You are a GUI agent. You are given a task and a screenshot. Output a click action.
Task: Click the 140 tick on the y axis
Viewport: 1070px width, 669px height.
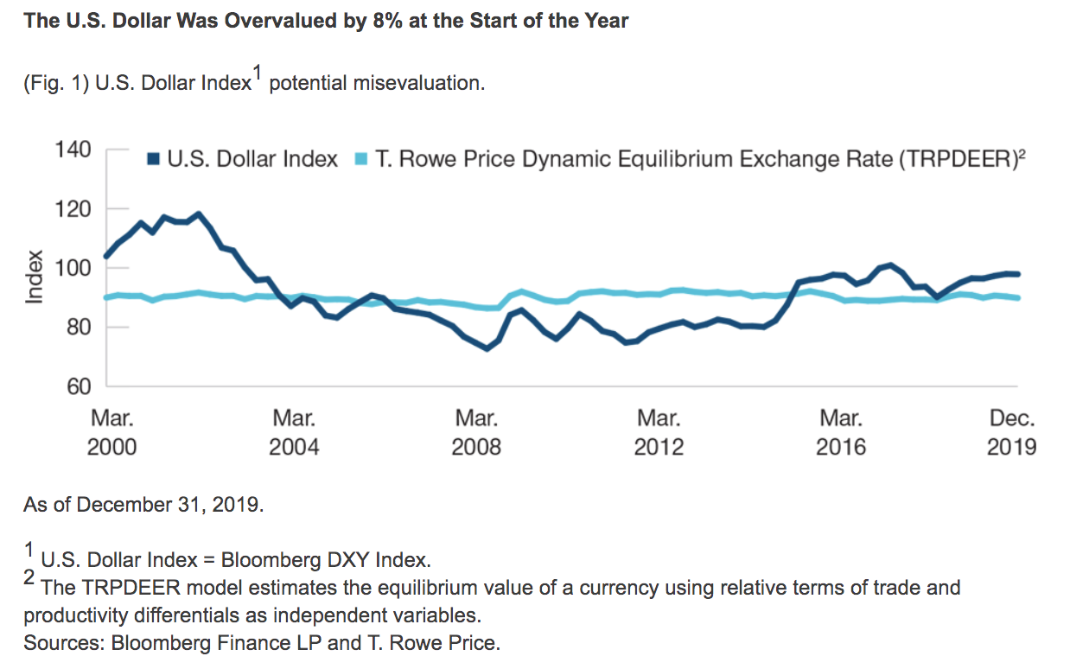coord(73,150)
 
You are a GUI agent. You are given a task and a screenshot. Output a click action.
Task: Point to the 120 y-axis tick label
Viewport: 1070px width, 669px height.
coord(73,209)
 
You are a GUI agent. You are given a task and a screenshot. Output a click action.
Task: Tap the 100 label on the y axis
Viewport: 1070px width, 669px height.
coord(73,268)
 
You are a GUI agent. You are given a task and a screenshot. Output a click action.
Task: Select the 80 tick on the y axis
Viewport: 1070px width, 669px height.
coord(78,327)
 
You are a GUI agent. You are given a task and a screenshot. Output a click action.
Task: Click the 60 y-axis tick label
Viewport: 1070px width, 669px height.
coord(78,386)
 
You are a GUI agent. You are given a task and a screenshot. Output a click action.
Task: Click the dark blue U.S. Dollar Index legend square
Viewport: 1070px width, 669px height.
coord(154,159)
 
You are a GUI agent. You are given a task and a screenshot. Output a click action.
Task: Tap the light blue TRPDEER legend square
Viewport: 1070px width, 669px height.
coord(362,159)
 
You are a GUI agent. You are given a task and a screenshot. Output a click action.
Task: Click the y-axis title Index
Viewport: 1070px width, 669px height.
coord(35,277)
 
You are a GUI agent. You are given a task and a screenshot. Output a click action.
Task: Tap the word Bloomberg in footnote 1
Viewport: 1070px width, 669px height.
coord(277,558)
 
